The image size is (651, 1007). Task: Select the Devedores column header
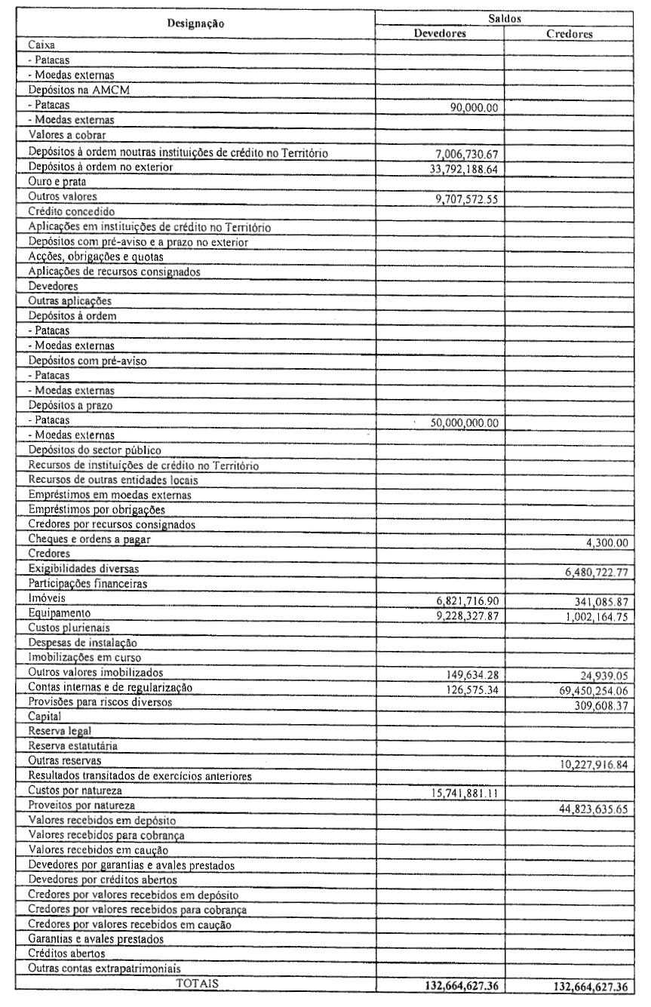click(x=440, y=34)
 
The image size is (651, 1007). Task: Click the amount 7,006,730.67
click(x=462, y=155)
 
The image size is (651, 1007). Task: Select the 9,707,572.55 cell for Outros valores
click(x=462, y=199)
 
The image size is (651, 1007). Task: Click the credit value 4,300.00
click(x=610, y=543)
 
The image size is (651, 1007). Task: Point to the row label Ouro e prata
click(x=58, y=181)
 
